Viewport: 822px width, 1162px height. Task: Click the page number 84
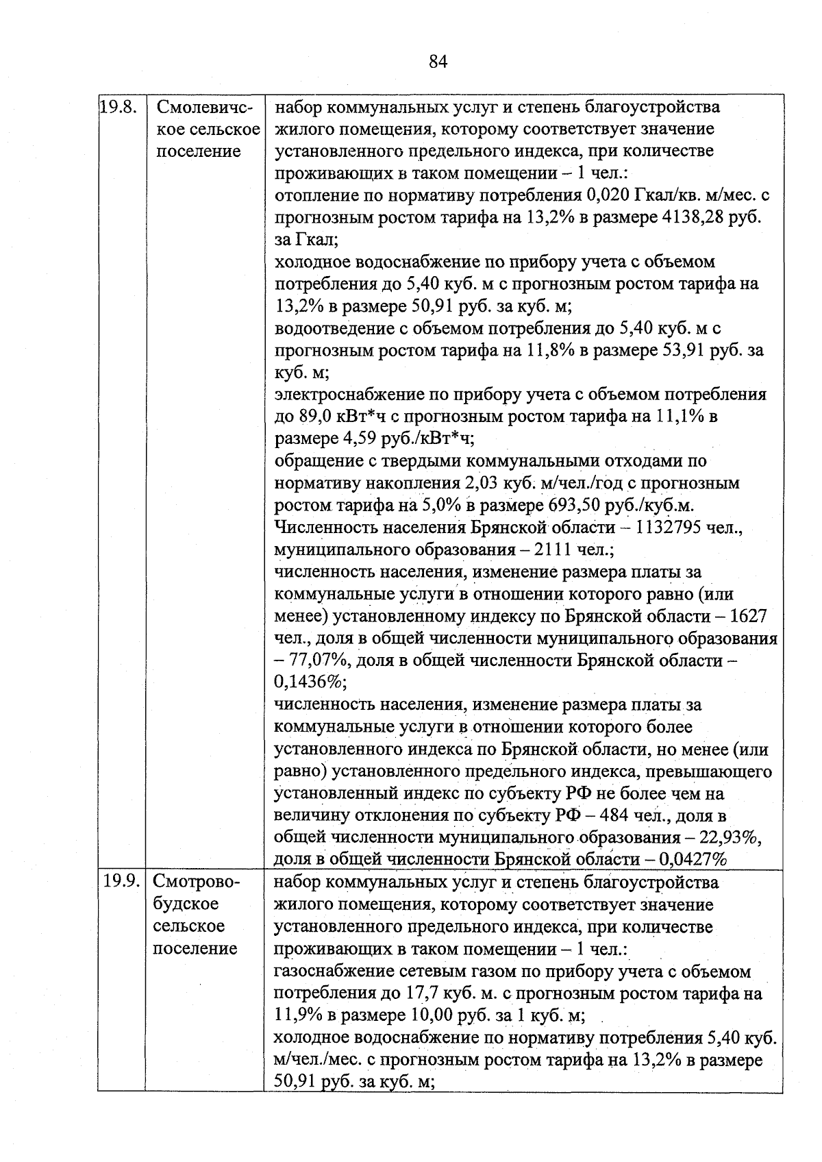coord(438,62)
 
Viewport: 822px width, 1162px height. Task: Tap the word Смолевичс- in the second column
coord(205,108)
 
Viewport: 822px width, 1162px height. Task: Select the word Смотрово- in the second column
coord(196,882)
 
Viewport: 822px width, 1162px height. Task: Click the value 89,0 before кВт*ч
coord(314,417)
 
